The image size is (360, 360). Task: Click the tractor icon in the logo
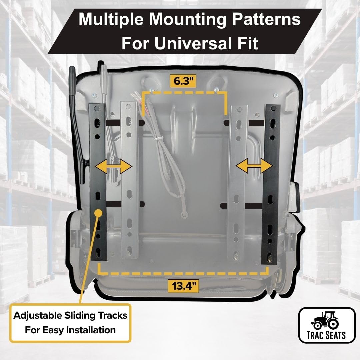click(325, 320)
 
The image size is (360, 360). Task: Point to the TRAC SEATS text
click(327, 335)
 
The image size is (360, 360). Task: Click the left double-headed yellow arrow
click(114, 166)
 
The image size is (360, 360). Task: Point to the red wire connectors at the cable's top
click(138, 98)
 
